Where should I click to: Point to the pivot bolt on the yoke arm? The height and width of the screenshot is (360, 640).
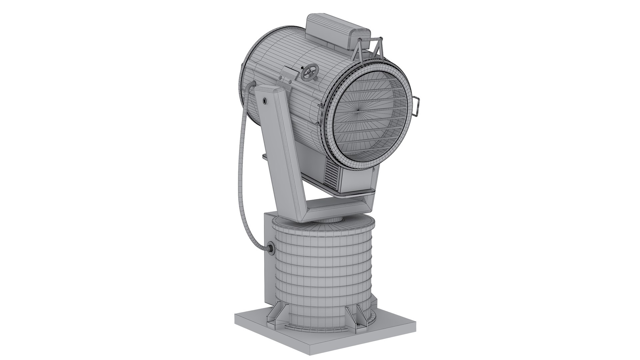(264, 100)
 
